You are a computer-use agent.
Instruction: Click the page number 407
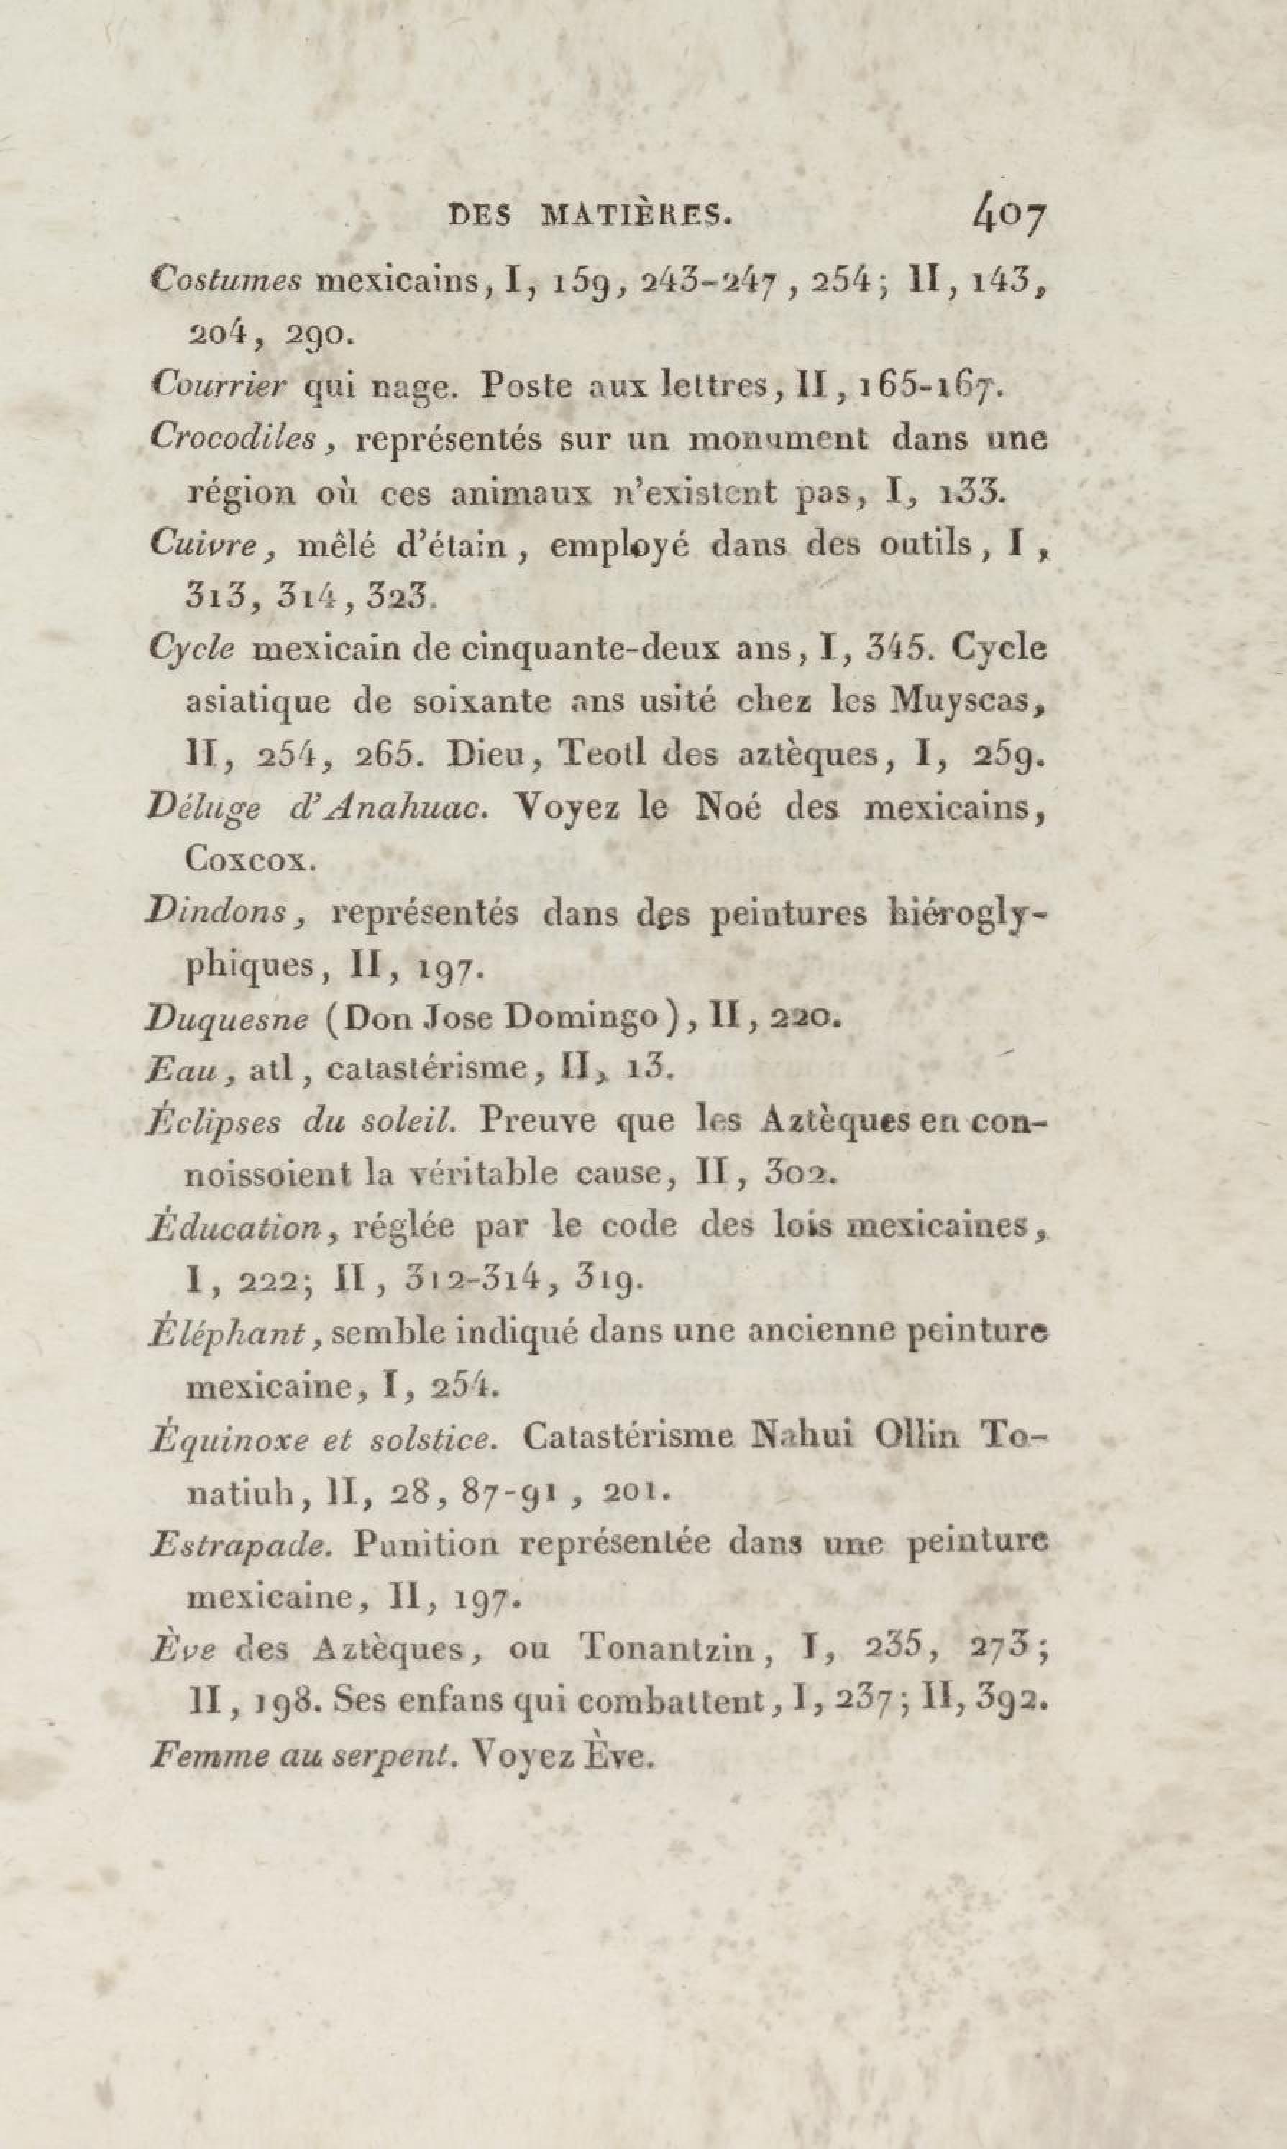click(x=1009, y=219)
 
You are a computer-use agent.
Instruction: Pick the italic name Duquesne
click(x=227, y=1018)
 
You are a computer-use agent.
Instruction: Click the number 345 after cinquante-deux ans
click(x=882, y=649)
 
